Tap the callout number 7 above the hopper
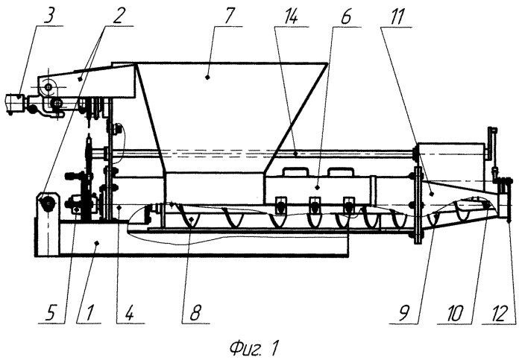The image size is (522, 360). [x=230, y=16]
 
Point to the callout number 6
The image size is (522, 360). [x=345, y=16]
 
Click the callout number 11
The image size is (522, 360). [x=396, y=16]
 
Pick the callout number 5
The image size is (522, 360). [x=50, y=314]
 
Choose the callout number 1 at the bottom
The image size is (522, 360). [x=88, y=314]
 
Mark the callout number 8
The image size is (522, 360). [x=195, y=314]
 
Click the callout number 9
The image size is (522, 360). [x=404, y=314]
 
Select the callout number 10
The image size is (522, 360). [x=454, y=314]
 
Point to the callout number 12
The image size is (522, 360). [x=500, y=314]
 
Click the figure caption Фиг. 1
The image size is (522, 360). [x=254, y=347]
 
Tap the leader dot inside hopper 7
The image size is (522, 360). [x=207, y=78]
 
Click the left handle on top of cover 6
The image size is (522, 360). [x=295, y=171]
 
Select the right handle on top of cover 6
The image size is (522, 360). [x=340, y=171]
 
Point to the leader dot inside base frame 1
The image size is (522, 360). [x=96, y=243]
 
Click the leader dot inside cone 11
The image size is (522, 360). [x=432, y=194]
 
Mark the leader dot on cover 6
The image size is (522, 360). [x=317, y=187]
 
